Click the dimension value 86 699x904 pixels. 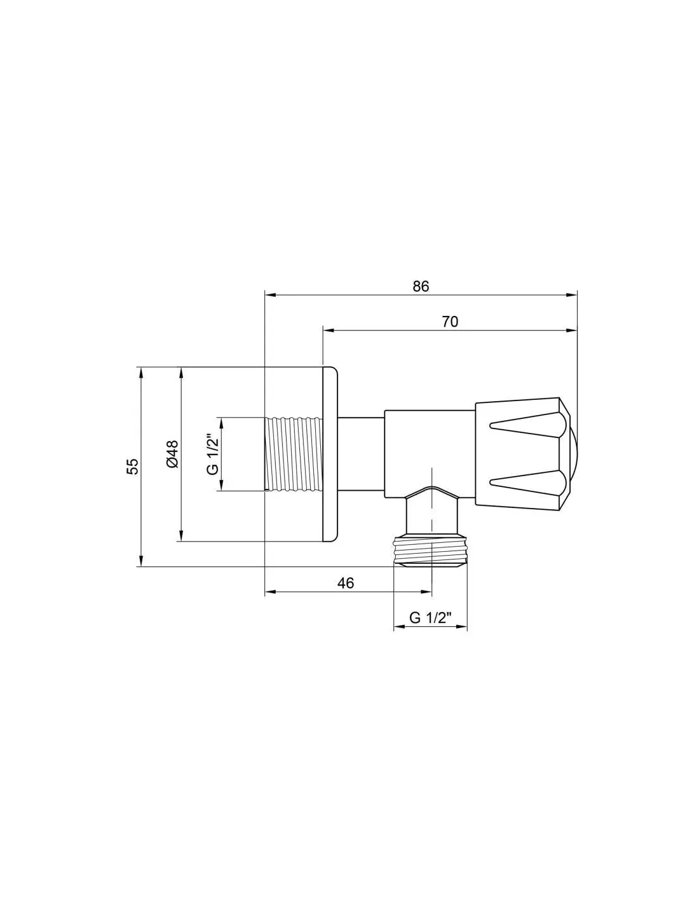coord(421,287)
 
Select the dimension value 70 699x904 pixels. coord(450,322)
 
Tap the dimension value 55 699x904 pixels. coord(132,467)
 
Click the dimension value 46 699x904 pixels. coord(346,583)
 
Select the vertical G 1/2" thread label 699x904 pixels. coord(212,455)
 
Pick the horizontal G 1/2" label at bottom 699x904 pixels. coord(430,629)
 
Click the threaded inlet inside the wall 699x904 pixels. coord(294,455)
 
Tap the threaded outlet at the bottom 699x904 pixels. coord(430,552)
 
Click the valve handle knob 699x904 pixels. coord(523,455)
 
